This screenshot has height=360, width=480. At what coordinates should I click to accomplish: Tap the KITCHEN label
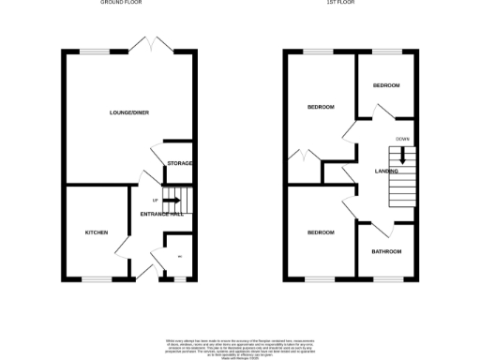coord(97,232)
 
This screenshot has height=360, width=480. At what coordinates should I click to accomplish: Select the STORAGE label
coord(180,163)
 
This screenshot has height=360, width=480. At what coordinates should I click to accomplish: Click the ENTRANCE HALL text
coord(161,215)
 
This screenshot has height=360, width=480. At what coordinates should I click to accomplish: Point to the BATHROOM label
coord(386,251)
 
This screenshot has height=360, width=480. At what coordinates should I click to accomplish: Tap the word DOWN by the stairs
coord(402,139)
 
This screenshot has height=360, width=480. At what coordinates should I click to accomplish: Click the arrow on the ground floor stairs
coord(172,200)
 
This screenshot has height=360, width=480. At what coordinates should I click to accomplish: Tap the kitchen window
coord(97,278)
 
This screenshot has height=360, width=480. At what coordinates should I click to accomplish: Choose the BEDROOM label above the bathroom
coord(321,232)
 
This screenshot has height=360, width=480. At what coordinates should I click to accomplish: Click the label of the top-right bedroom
coord(386,85)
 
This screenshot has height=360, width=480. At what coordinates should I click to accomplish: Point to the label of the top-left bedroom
coord(321,107)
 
